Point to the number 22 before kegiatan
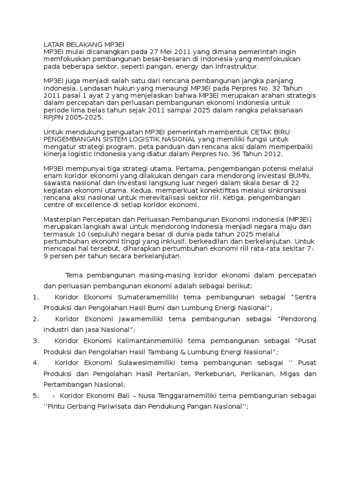point(296,183)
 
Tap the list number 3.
point(36,340)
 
